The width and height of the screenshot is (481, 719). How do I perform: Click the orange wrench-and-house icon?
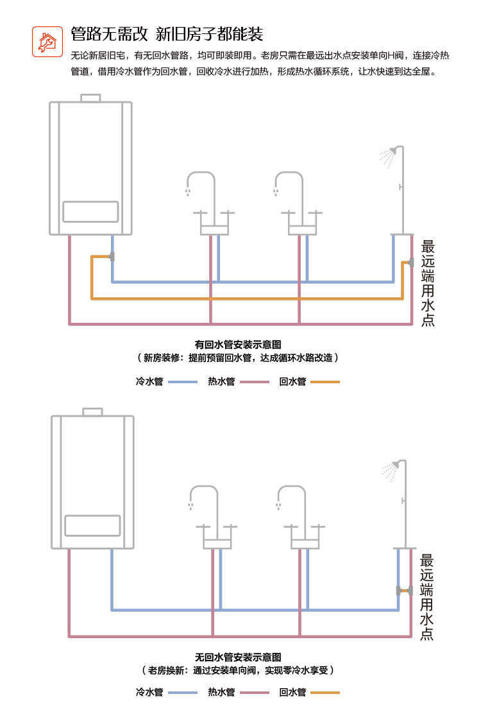coord(47,42)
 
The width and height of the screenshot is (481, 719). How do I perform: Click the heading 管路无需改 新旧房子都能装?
coord(167,34)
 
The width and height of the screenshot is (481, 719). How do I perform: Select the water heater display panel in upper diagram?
coord(90,212)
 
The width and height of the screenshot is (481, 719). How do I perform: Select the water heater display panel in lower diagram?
coord(92,526)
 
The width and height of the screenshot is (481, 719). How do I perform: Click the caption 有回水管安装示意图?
coord(238,345)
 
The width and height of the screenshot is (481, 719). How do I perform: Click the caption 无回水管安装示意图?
coord(238,657)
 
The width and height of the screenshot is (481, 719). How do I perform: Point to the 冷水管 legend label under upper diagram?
coord(149,381)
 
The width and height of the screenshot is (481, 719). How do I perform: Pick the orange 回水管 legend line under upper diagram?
coord(325,382)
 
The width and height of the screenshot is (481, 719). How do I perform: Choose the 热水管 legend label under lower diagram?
coord(221,693)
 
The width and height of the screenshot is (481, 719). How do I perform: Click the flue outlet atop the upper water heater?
coord(90,98)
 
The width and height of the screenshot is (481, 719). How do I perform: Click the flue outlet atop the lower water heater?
coord(92,412)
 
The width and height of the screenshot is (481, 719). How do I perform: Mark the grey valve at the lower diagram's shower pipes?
coord(404,591)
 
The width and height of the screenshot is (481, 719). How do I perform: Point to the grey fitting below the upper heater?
coord(112,257)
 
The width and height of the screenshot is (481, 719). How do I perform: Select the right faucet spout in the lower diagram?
coord(292,497)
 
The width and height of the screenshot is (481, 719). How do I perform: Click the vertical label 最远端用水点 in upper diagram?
coord(428,283)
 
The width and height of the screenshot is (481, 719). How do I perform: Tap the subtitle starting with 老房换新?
coord(238,670)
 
